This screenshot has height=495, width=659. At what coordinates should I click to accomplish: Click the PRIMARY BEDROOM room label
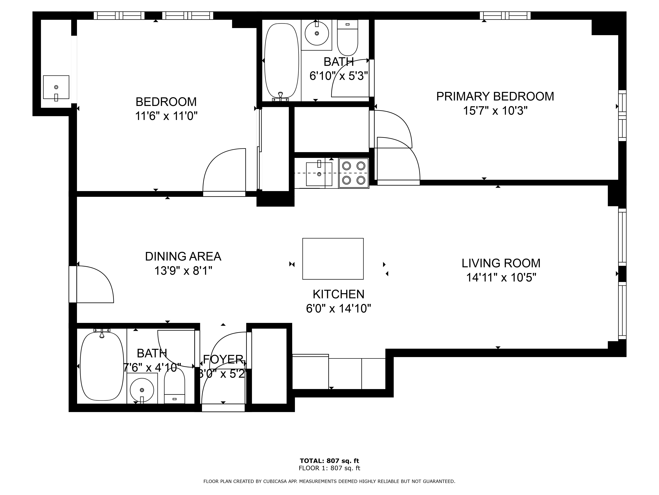(495, 96)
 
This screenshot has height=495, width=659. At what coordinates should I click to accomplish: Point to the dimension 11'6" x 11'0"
(166, 116)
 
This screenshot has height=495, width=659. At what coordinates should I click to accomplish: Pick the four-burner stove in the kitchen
(354, 173)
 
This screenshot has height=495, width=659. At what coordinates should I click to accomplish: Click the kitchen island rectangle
(333, 259)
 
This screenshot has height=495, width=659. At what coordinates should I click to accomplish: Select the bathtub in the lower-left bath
(102, 366)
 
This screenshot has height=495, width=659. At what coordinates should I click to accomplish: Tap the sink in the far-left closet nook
(56, 87)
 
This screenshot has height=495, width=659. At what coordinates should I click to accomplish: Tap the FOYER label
(223, 360)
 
